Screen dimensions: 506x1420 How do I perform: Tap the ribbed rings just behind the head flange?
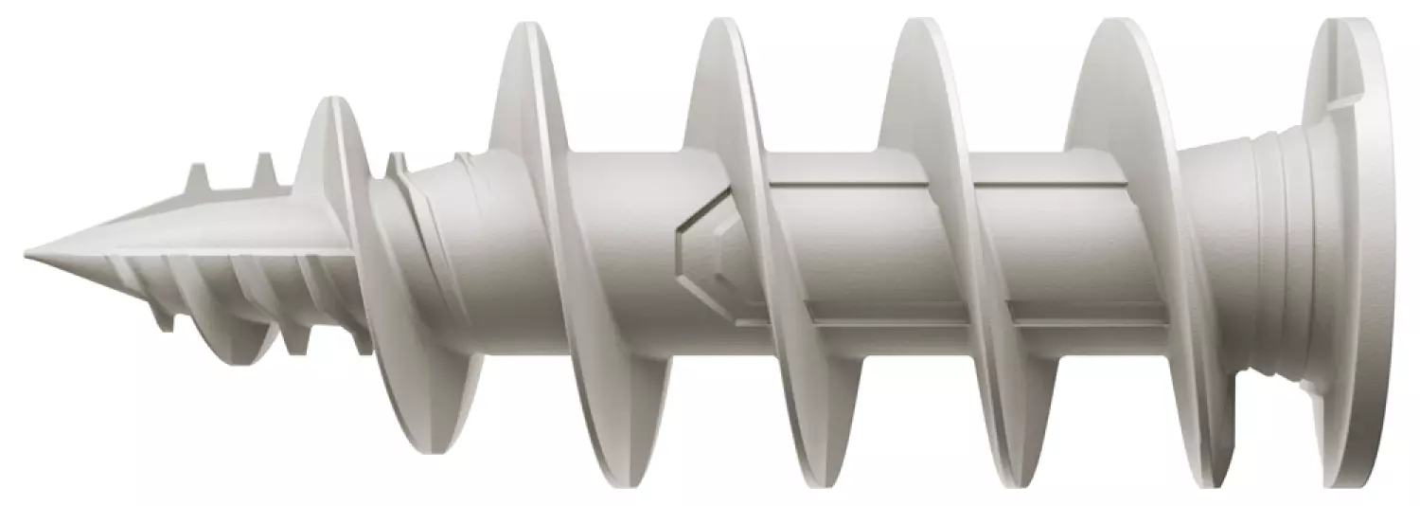pos(1273,256)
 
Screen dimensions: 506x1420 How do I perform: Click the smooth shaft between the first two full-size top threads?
pos(625,246)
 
